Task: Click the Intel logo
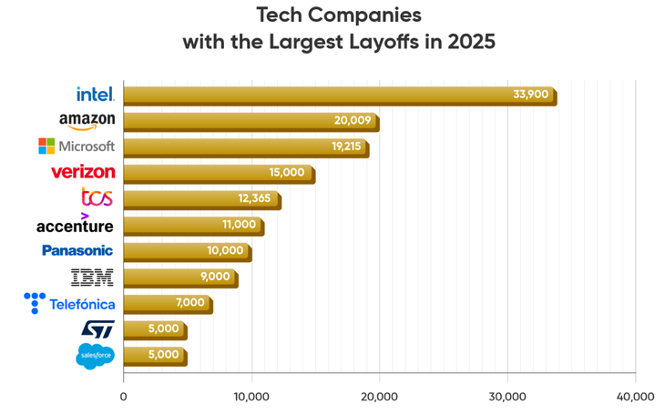95,94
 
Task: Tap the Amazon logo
87,121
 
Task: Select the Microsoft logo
77,146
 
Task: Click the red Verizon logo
83,171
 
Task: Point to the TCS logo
97,197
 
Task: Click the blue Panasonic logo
77,250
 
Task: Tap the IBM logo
92,278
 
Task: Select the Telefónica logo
69,303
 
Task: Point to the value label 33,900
531,94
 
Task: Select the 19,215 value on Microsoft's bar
344,146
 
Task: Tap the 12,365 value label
256,198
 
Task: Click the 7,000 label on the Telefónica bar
189,303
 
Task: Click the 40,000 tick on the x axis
635,397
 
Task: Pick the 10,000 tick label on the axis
251,397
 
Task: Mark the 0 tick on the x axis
124,397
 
